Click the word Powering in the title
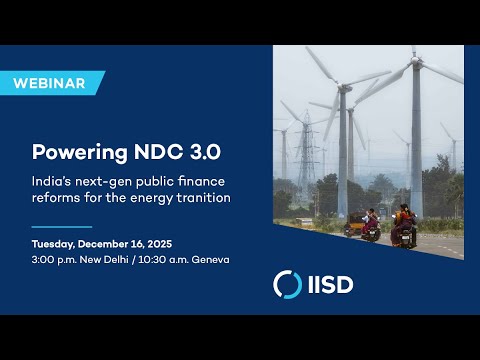75,154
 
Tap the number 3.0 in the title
203,154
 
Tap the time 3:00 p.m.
55,261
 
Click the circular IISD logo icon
288,284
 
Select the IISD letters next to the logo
330,284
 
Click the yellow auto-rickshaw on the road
356,224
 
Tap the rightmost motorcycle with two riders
403,228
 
